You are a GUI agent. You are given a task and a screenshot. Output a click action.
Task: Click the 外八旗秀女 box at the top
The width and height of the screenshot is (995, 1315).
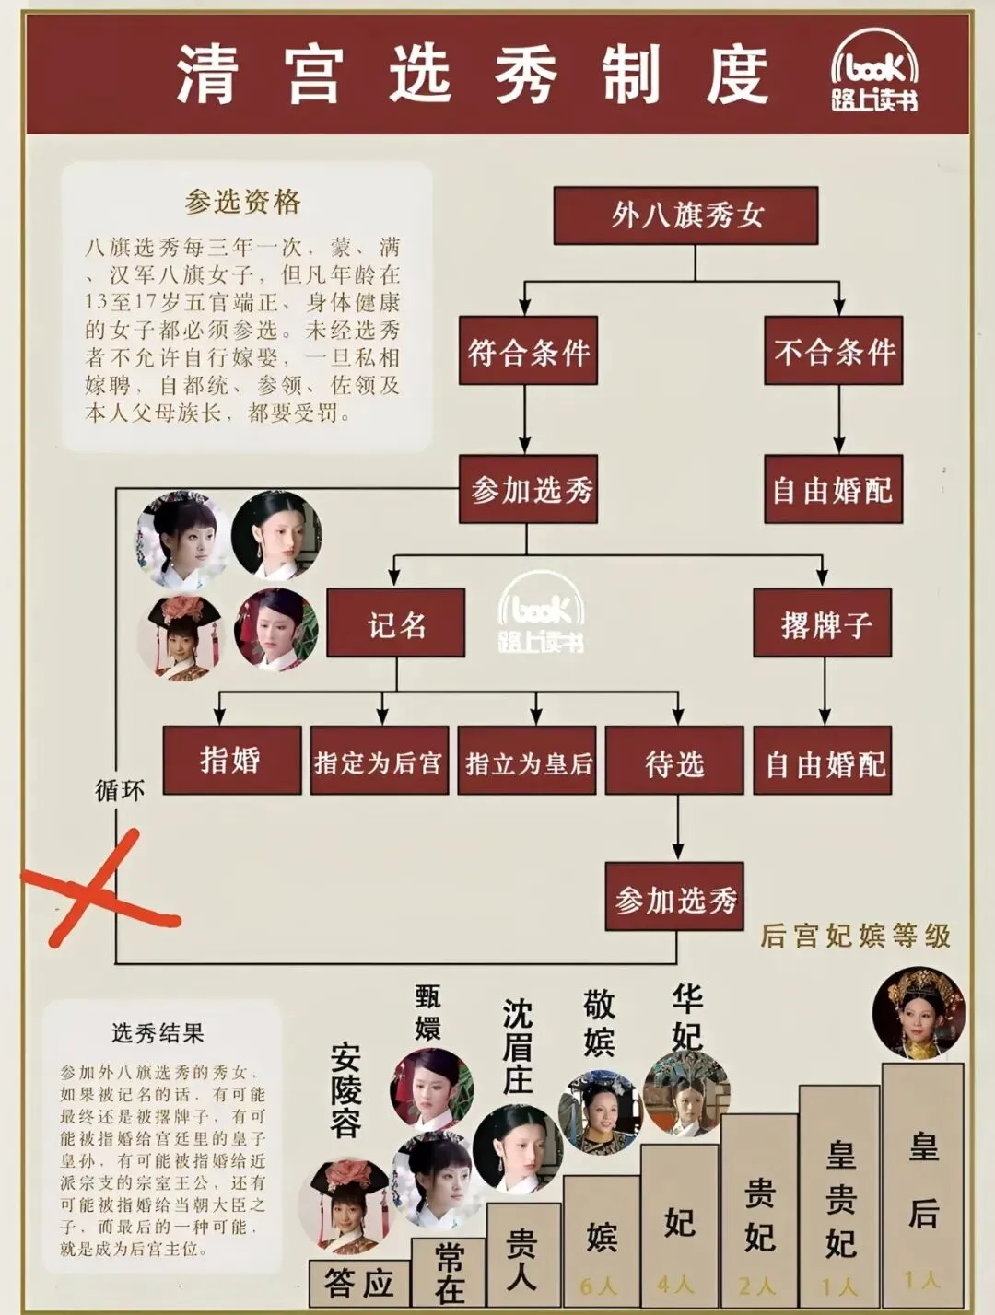685,215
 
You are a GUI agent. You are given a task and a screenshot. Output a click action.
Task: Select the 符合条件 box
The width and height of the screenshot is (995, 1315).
528,351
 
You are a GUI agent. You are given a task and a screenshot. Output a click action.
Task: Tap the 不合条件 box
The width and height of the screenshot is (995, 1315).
833,351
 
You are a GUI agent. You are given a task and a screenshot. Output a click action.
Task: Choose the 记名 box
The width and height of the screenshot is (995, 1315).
396,624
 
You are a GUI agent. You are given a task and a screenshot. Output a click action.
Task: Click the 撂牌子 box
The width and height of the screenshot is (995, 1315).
823,623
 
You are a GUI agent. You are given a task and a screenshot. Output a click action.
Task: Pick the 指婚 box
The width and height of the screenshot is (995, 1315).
231,761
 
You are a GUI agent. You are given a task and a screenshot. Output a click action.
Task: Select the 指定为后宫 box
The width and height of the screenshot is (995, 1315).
379,762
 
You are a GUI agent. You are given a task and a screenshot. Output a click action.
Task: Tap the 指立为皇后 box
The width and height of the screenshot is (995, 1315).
527,762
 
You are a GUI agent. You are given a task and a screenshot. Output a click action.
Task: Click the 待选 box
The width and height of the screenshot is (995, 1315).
674,762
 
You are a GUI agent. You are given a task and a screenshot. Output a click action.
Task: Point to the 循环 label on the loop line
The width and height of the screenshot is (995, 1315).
120,790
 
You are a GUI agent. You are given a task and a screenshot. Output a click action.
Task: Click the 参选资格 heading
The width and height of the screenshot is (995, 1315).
242,202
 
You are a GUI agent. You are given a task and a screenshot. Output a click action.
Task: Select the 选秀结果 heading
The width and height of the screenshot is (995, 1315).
158,1033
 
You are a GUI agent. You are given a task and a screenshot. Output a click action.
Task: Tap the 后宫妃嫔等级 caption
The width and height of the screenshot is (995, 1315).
855,936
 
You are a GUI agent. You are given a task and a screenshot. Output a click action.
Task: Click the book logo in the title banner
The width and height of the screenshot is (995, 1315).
874,73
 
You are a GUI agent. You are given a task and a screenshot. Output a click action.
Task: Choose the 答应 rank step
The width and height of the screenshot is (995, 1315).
359,1283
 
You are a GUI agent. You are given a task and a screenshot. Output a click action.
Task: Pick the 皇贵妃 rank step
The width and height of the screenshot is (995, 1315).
839,1197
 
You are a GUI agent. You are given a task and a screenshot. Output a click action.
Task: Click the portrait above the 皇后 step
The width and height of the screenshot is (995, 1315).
919,1013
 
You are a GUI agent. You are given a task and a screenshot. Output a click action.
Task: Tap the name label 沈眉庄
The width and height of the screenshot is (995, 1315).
518,1047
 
